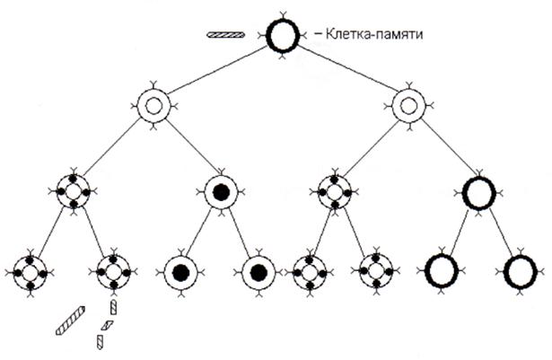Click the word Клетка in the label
point(346,34)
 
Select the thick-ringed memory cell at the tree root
point(283,36)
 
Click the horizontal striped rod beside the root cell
point(225,34)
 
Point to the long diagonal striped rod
point(70,320)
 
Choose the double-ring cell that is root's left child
point(153,105)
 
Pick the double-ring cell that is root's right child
point(408,105)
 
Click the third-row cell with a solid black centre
point(221,192)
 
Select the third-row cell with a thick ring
point(479,193)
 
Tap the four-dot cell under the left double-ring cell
point(74,192)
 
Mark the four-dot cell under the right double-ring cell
point(335,193)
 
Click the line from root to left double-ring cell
point(218,70)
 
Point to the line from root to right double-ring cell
point(346,69)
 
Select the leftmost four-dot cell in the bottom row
point(31,273)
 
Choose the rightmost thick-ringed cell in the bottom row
point(521,272)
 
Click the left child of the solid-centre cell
point(181,273)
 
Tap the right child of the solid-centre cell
point(258,273)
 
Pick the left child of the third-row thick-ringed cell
point(442,271)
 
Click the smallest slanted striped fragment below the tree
point(107,325)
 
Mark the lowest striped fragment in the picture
point(101,342)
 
